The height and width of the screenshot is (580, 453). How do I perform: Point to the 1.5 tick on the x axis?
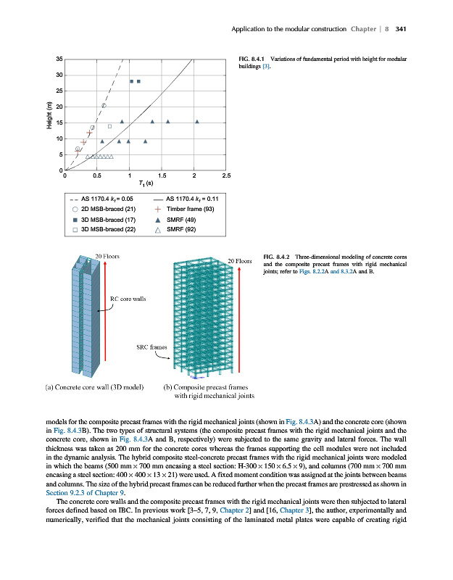pos(162,175)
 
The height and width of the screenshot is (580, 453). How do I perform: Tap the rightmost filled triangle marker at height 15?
pos(197,122)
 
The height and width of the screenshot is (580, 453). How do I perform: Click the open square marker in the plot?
pos(109,126)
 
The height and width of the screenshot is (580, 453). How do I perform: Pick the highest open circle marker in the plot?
pos(104,106)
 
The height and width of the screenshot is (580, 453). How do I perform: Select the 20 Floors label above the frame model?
pos(239,262)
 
